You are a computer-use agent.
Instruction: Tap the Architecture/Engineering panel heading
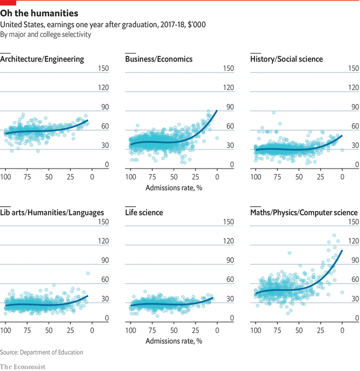click(42, 59)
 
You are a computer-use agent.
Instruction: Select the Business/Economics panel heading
click(158, 59)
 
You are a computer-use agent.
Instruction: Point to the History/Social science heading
click(286, 59)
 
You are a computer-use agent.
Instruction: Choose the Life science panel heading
click(144, 212)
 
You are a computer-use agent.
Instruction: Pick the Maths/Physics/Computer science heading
click(303, 212)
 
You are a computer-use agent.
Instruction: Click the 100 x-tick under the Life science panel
click(131, 330)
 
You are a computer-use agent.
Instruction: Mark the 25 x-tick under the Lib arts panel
click(70, 330)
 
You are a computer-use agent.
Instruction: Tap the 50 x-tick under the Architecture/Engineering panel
click(49, 177)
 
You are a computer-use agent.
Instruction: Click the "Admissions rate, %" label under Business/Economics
click(174, 187)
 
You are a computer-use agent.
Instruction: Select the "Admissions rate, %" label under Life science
click(174, 340)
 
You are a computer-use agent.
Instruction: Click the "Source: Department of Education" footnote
click(42, 352)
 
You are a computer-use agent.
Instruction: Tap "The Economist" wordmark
click(23, 366)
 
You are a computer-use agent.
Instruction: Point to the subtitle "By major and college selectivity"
click(45, 34)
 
